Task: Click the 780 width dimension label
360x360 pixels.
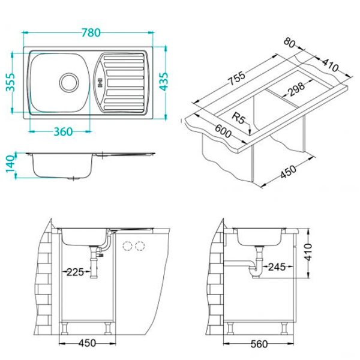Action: [91, 33]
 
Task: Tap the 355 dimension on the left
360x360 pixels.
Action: [11, 82]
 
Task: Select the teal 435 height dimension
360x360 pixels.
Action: [164, 82]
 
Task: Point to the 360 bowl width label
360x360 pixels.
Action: [63, 132]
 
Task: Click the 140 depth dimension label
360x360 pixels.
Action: [10, 164]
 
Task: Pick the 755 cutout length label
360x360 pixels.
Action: [236, 79]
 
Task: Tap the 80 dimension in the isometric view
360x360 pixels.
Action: [290, 43]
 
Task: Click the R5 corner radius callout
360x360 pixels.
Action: [239, 118]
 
